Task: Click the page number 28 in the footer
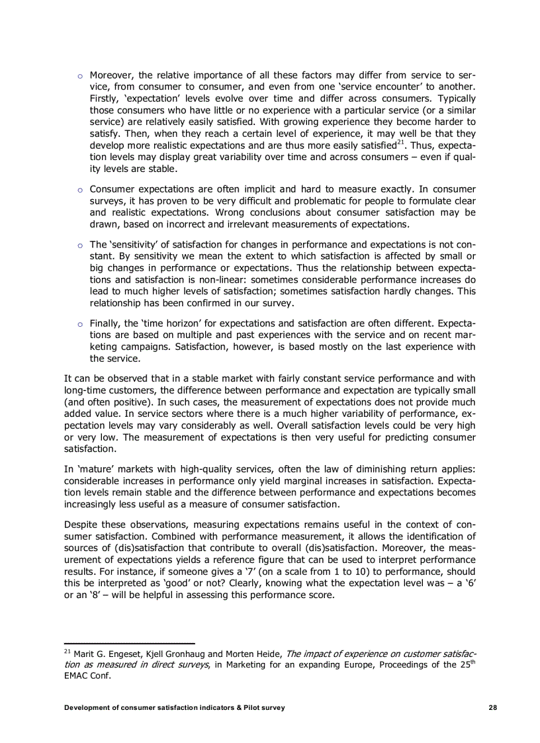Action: (x=492, y=707)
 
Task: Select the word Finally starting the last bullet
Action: (x=108, y=324)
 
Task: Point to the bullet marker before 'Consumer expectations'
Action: (x=79, y=190)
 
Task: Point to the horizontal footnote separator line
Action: (x=129, y=642)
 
